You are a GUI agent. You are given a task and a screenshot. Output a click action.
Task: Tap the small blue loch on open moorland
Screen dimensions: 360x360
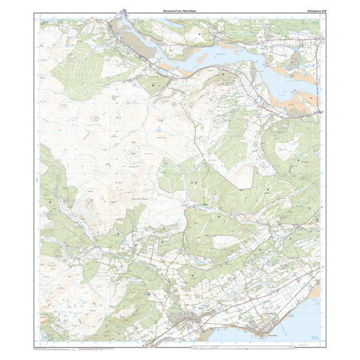tap(158, 139)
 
